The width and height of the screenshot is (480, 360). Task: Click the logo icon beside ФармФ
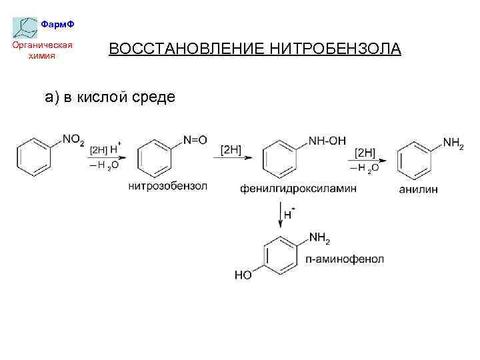pyautogui.click(x=25, y=27)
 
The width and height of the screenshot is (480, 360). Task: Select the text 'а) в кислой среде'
pyautogui.click(x=110, y=97)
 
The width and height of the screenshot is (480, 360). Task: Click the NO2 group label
pyautogui.click(x=73, y=140)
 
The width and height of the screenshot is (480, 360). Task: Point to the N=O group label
pyautogui.click(x=195, y=140)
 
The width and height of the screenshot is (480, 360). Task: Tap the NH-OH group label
pyautogui.click(x=327, y=140)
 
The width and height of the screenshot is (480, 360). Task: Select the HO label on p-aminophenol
pyautogui.click(x=243, y=275)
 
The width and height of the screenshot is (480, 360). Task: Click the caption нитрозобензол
pyautogui.click(x=168, y=186)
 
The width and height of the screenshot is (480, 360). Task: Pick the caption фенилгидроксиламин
pyautogui.click(x=298, y=189)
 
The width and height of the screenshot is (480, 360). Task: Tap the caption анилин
pyautogui.click(x=419, y=189)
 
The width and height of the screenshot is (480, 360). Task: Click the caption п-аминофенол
pyautogui.click(x=345, y=259)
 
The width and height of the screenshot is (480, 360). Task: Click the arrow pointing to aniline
pyautogui.click(x=367, y=161)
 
